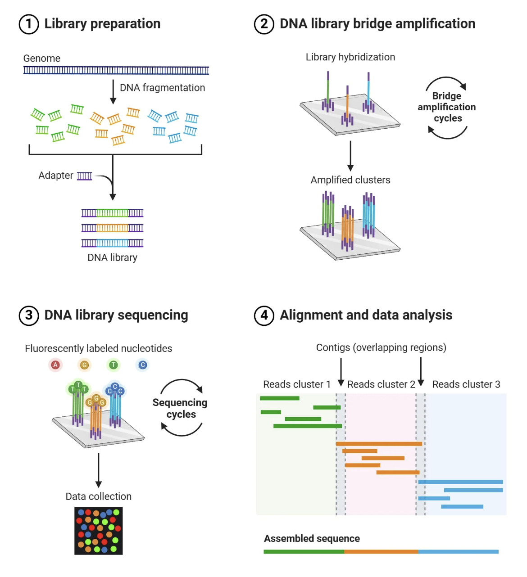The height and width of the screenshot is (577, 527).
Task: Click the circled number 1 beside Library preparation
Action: (29, 24)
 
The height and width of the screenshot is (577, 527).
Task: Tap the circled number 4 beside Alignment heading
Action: (264, 315)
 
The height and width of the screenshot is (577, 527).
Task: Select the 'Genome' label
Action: (42, 59)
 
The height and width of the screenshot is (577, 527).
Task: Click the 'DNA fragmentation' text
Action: (162, 88)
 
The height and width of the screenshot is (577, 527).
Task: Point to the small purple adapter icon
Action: (84, 176)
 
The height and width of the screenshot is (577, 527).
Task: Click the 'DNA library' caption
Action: (112, 257)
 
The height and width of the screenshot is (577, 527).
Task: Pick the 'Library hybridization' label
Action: (350, 57)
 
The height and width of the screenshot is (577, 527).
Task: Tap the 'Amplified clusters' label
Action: (350, 180)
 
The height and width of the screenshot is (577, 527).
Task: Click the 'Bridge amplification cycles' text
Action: (447, 107)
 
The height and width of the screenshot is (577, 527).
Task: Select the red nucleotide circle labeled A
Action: (55, 365)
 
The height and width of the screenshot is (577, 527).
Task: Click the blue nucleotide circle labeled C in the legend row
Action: (143, 365)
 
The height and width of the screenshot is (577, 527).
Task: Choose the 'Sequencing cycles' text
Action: (180, 408)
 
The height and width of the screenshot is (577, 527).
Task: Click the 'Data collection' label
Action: (99, 496)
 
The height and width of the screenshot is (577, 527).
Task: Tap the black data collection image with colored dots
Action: (99, 531)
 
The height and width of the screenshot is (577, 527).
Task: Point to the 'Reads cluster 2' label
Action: (381, 384)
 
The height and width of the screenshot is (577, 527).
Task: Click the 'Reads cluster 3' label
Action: (466, 384)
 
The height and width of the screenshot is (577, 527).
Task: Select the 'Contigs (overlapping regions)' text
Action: (381, 347)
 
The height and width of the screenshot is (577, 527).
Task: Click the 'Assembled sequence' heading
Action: (312, 539)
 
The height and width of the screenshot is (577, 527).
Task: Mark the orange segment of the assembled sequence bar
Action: (381, 552)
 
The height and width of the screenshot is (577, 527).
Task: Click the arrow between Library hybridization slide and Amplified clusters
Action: (350, 156)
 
